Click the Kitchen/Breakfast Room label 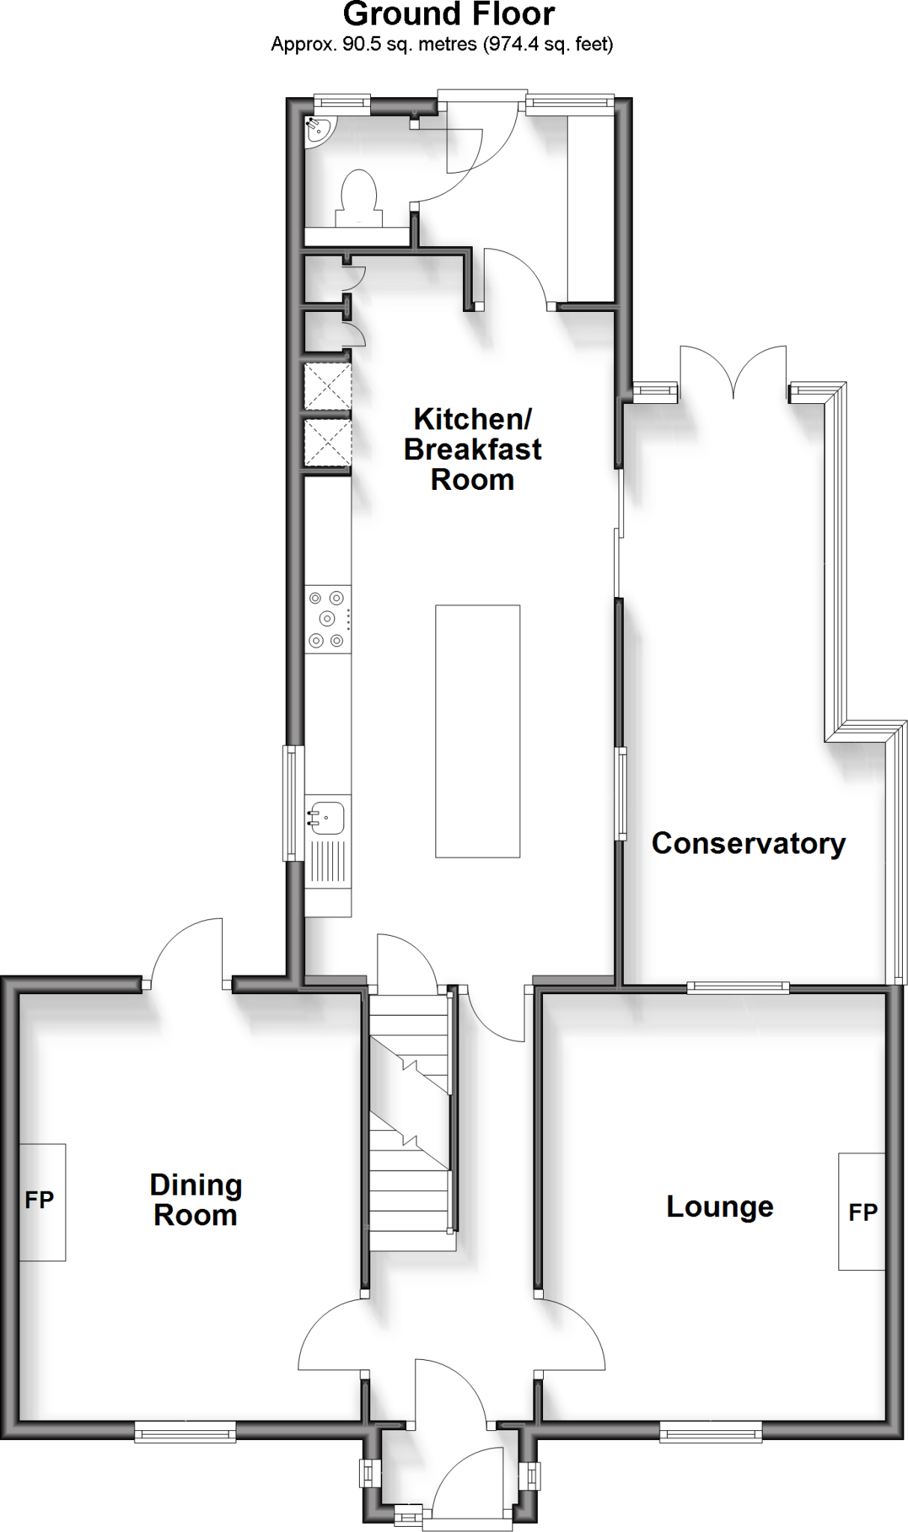pos(473,449)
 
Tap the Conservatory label pos(748,843)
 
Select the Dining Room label pos(196,1200)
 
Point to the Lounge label pos(720,1207)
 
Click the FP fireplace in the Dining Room pos(42,1201)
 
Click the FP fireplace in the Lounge pos(862,1212)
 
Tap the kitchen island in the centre pos(478,731)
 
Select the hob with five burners pos(328,619)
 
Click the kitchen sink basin pos(328,818)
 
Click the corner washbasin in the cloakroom pos(319,129)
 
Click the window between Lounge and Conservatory pos(737,987)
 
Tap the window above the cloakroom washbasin pos(342,105)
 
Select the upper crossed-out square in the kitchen pos(328,386)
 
